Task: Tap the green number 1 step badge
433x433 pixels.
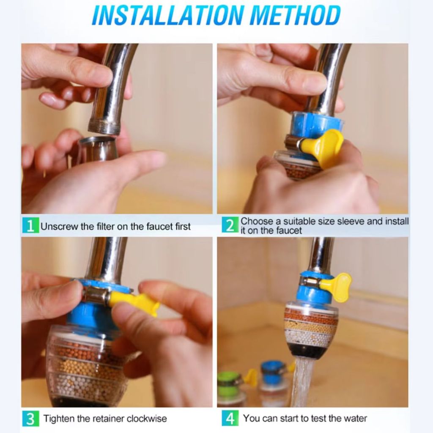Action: [x=30, y=226]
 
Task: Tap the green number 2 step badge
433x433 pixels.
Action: [x=230, y=225]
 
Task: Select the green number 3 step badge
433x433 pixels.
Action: [x=30, y=419]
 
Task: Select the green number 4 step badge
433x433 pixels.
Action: [x=230, y=418]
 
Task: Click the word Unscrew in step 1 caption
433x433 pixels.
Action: [x=59, y=227]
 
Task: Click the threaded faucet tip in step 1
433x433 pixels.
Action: [x=104, y=126]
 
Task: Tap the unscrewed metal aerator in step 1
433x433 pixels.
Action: [x=97, y=149]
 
